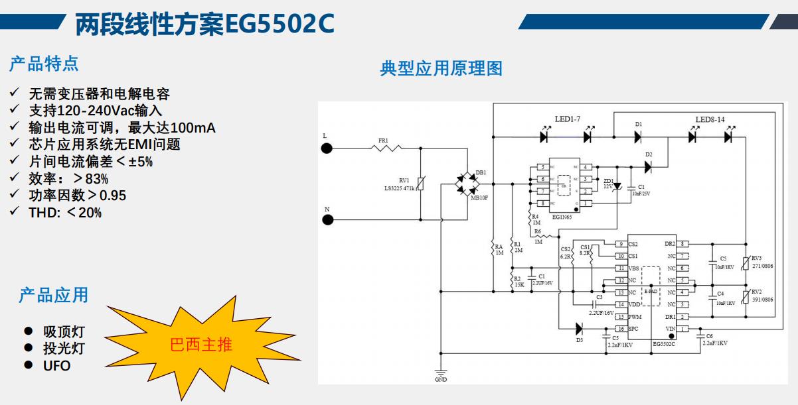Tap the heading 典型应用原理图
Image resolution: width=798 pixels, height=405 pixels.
[441, 68]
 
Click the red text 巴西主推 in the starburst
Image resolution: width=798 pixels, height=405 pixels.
[201, 345]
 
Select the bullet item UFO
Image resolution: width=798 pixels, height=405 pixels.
[56, 365]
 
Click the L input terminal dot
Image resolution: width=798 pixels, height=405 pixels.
[327, 148]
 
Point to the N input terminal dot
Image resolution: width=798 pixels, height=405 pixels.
[327, 219]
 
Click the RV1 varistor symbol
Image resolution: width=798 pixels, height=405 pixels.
[420, 184]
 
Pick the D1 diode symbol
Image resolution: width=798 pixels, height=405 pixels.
[638, 137]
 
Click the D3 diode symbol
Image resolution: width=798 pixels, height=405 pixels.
[579, 327]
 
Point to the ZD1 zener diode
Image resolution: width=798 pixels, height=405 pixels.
[617, 185]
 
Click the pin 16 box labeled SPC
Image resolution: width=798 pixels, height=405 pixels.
[620, 329]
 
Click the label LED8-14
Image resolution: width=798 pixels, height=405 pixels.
[710, 120]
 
